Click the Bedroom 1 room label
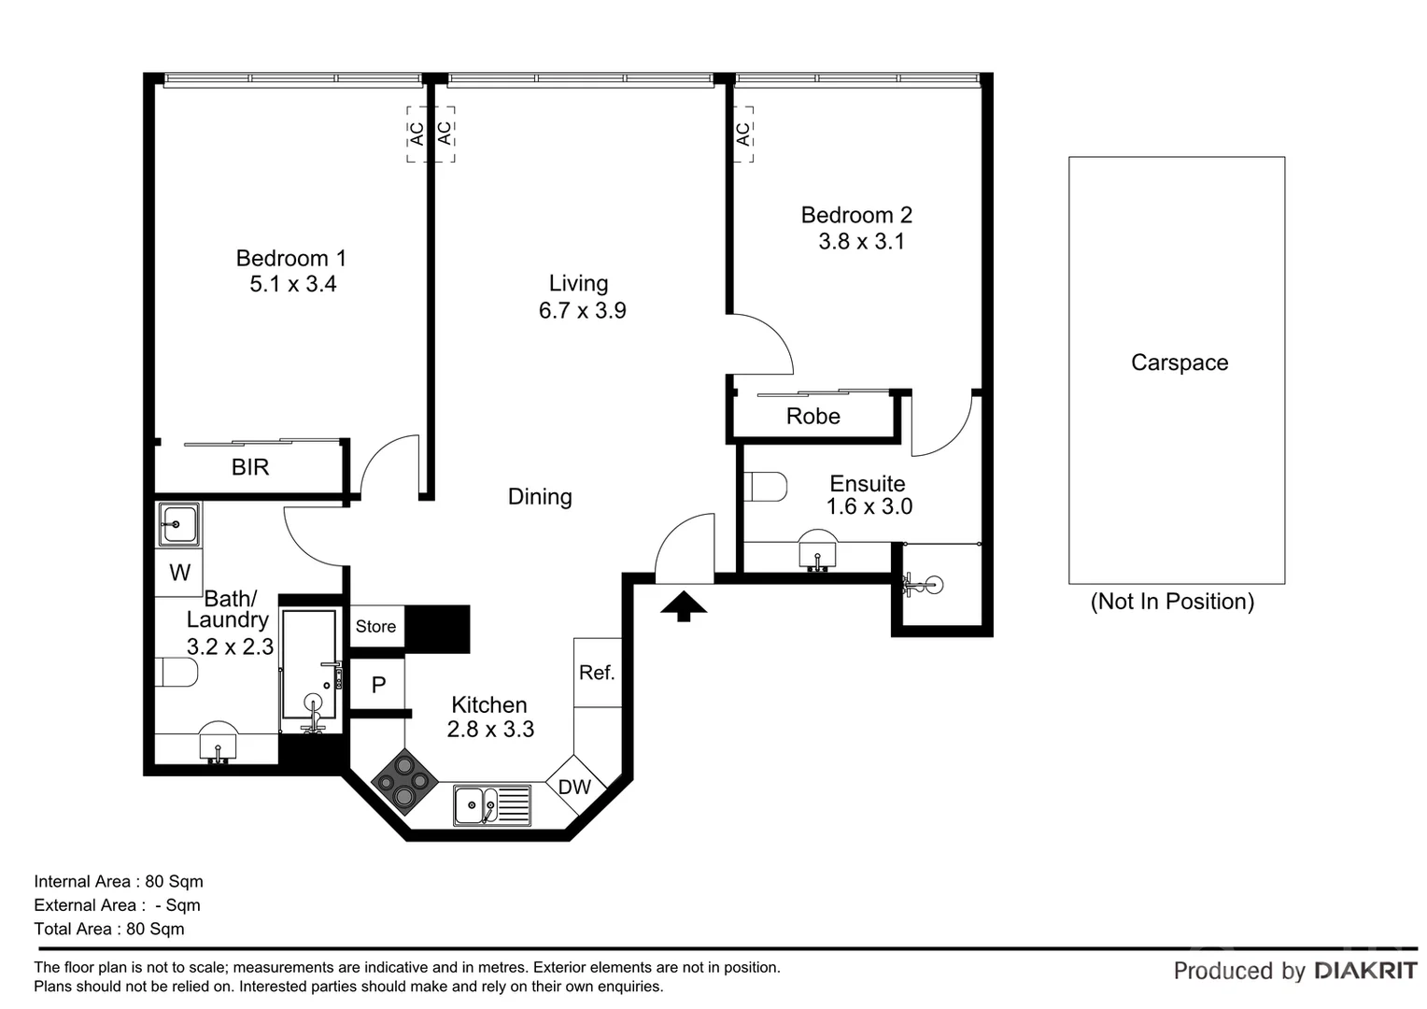click(290, 258)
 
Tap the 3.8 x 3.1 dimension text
click(861, 241)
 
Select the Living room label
click(578, 283)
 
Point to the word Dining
click(540, 496)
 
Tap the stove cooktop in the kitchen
click(404, 781)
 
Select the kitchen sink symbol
click(491, 805)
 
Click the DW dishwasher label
click(574, 787)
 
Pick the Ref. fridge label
click(597, 673)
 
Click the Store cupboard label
click(375, 627)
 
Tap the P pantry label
click(378, 686)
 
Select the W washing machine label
click(179, 573)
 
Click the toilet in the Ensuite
click(767, 487)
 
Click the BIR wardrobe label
click(250, 467)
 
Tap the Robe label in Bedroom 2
click(812, 417)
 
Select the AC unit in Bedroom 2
click(744, 135)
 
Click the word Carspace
click(1179, 362)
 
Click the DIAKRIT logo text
click(1365, 971)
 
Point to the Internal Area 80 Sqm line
click(119, 881)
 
